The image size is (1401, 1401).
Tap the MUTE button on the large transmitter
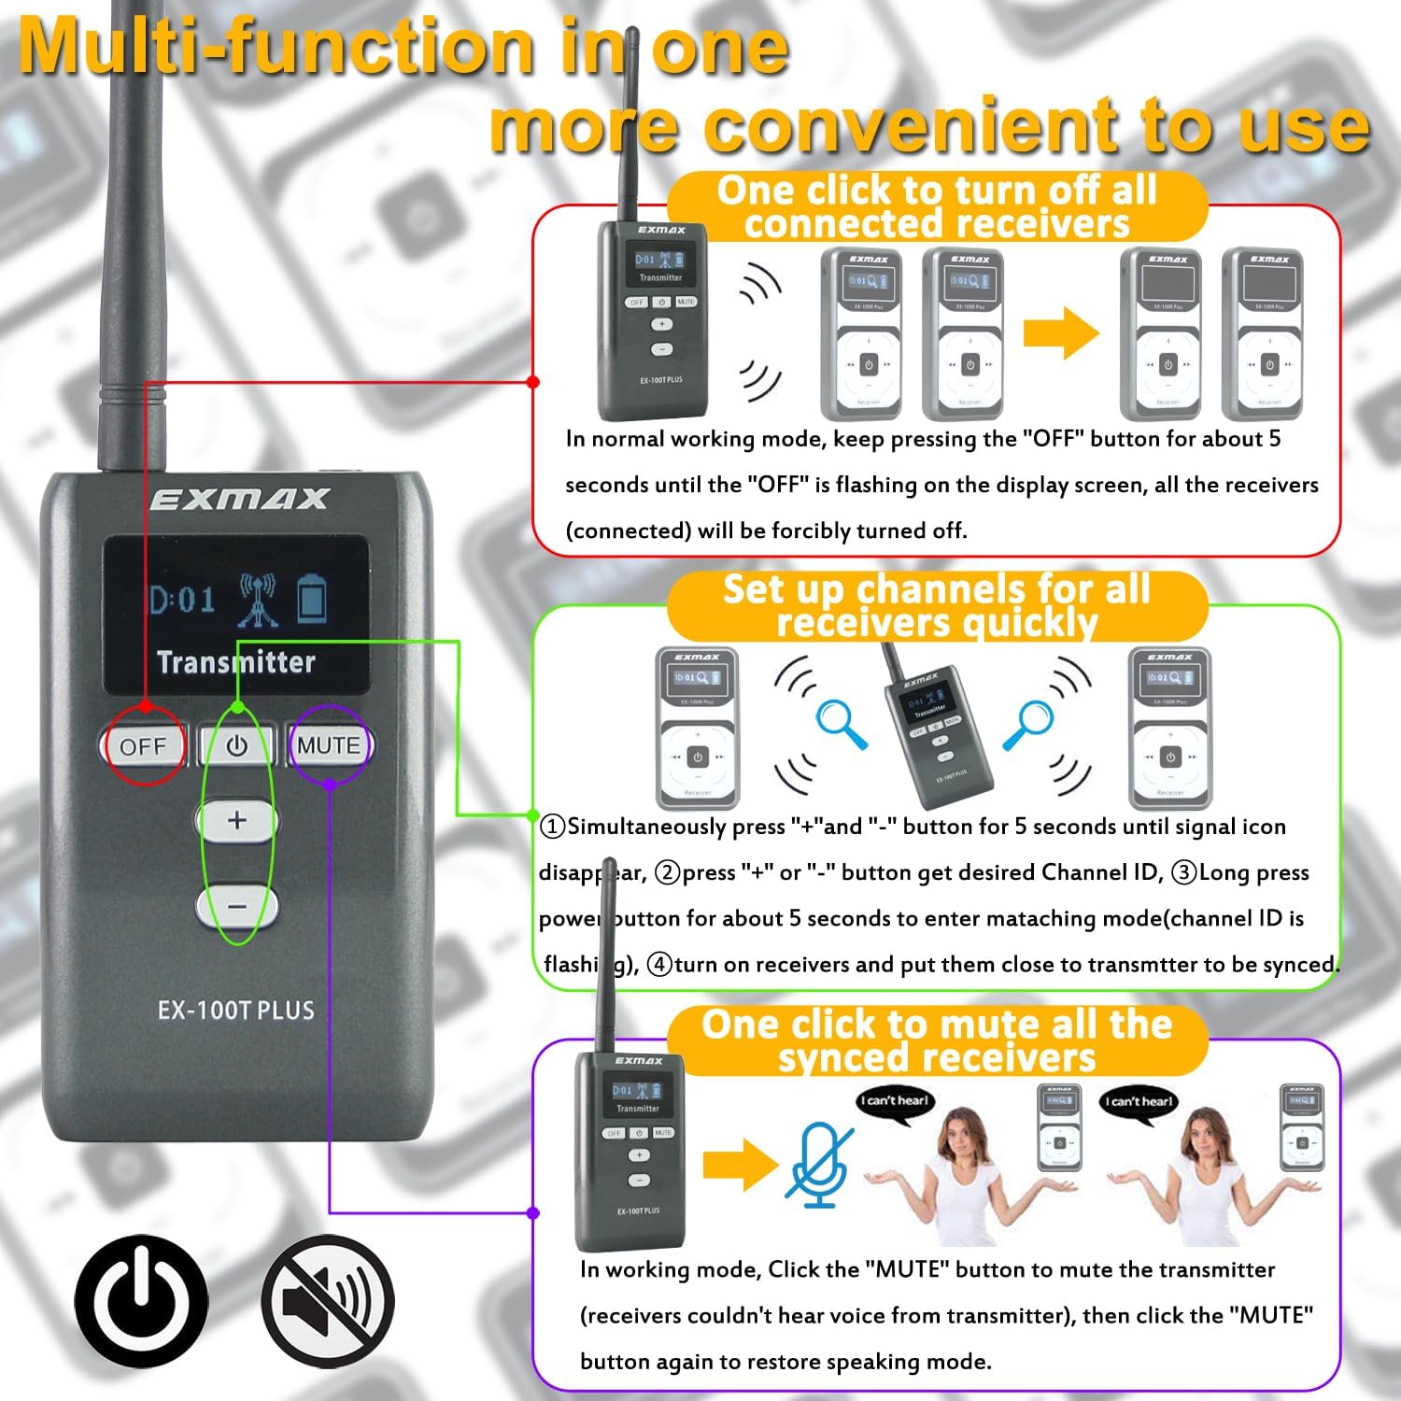pyautogui.click(x=329, y=745)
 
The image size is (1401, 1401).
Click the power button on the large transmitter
pyautogui.click(x=237, y=745)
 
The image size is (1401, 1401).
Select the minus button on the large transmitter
pyautogui.click(x=237, y=906)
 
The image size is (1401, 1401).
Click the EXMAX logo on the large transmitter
pyautogui.click(x=239, y=500)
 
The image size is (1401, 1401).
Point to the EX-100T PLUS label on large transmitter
pyautogui.click(x=235, y=1011)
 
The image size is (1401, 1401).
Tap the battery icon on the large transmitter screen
pyautogui.click(x=312, y=599)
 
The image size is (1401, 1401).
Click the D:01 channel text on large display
pyautogui.click(x=183, y=599)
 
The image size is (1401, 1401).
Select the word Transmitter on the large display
pyautogui.click(x=235, y=662)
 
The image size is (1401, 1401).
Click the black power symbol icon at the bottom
pyautogui.click(x=141, y=1300)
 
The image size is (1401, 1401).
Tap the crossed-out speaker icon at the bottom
pyautogui.click(x=328, y=1300)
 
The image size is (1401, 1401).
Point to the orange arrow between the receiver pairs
pyautogui.click(x=1061, y=333)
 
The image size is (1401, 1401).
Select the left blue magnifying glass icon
pyautogui.click(x=842, y=723)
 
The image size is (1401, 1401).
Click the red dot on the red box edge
pyautogui.click(x=533, y=382)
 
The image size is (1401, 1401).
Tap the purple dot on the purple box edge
pyautogui.click(x=533, y=1213)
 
